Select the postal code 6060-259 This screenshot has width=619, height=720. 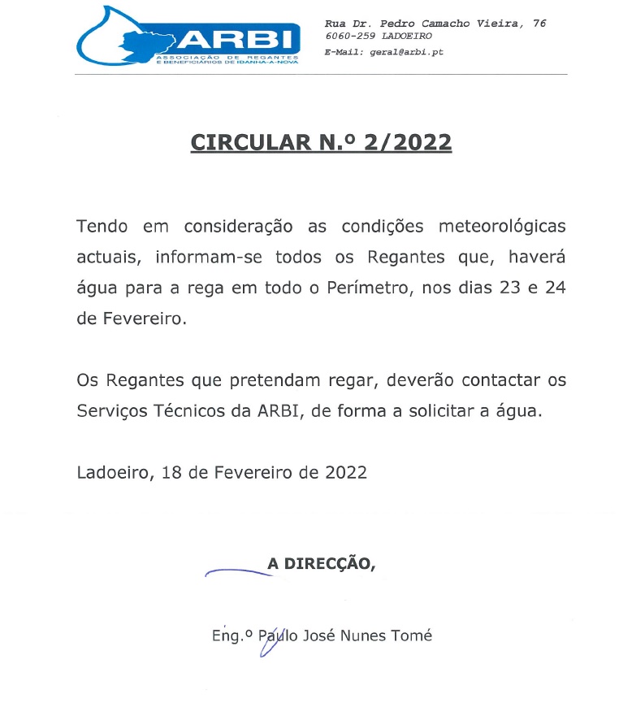point(351,36)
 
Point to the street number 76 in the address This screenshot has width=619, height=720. point(539,24)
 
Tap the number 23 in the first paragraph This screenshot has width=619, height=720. point(502,288)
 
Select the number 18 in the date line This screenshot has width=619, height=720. point(171,472)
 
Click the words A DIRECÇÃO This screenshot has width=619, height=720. point(321,563)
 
